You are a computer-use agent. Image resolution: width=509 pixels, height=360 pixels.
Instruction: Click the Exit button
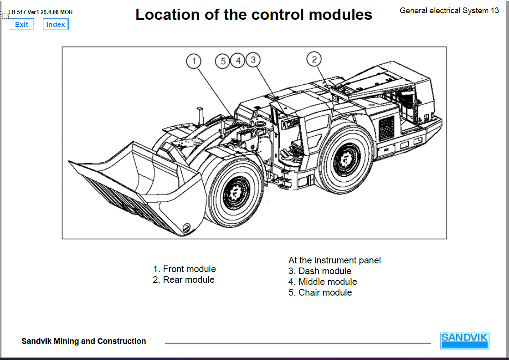click(21, 24)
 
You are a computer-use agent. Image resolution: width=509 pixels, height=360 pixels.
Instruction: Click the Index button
click(55, 24)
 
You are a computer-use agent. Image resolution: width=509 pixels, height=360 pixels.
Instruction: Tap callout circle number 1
click(193, 61)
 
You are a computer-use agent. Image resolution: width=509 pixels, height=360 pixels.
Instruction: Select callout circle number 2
click(314, 59)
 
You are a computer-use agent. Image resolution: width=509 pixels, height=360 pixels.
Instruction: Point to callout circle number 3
click(253, 60)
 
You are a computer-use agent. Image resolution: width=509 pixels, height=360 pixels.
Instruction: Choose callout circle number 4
click(238, 61)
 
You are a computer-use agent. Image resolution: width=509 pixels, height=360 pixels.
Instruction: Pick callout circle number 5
click(223, 61)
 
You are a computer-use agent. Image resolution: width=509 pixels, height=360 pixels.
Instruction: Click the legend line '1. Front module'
click(184, 269)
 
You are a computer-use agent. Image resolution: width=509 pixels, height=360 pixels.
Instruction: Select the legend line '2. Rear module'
click(184, 280)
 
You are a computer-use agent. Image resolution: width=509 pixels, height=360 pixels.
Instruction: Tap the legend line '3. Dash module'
click(320, 271)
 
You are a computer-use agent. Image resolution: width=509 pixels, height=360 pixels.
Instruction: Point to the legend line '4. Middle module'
click(323, 282)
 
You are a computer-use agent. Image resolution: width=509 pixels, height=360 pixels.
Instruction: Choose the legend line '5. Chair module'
click(320, 293)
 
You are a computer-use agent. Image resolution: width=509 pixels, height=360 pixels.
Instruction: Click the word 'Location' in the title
click(164, 15)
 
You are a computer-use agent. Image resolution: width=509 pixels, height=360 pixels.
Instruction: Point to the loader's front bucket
click(136, 186)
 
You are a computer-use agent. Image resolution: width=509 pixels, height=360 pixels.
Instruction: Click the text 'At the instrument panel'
click(335, 261)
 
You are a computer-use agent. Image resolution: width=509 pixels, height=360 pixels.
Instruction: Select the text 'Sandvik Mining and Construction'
click(84, 341)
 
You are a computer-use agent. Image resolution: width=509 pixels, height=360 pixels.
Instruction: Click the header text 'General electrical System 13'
click(449, 11)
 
